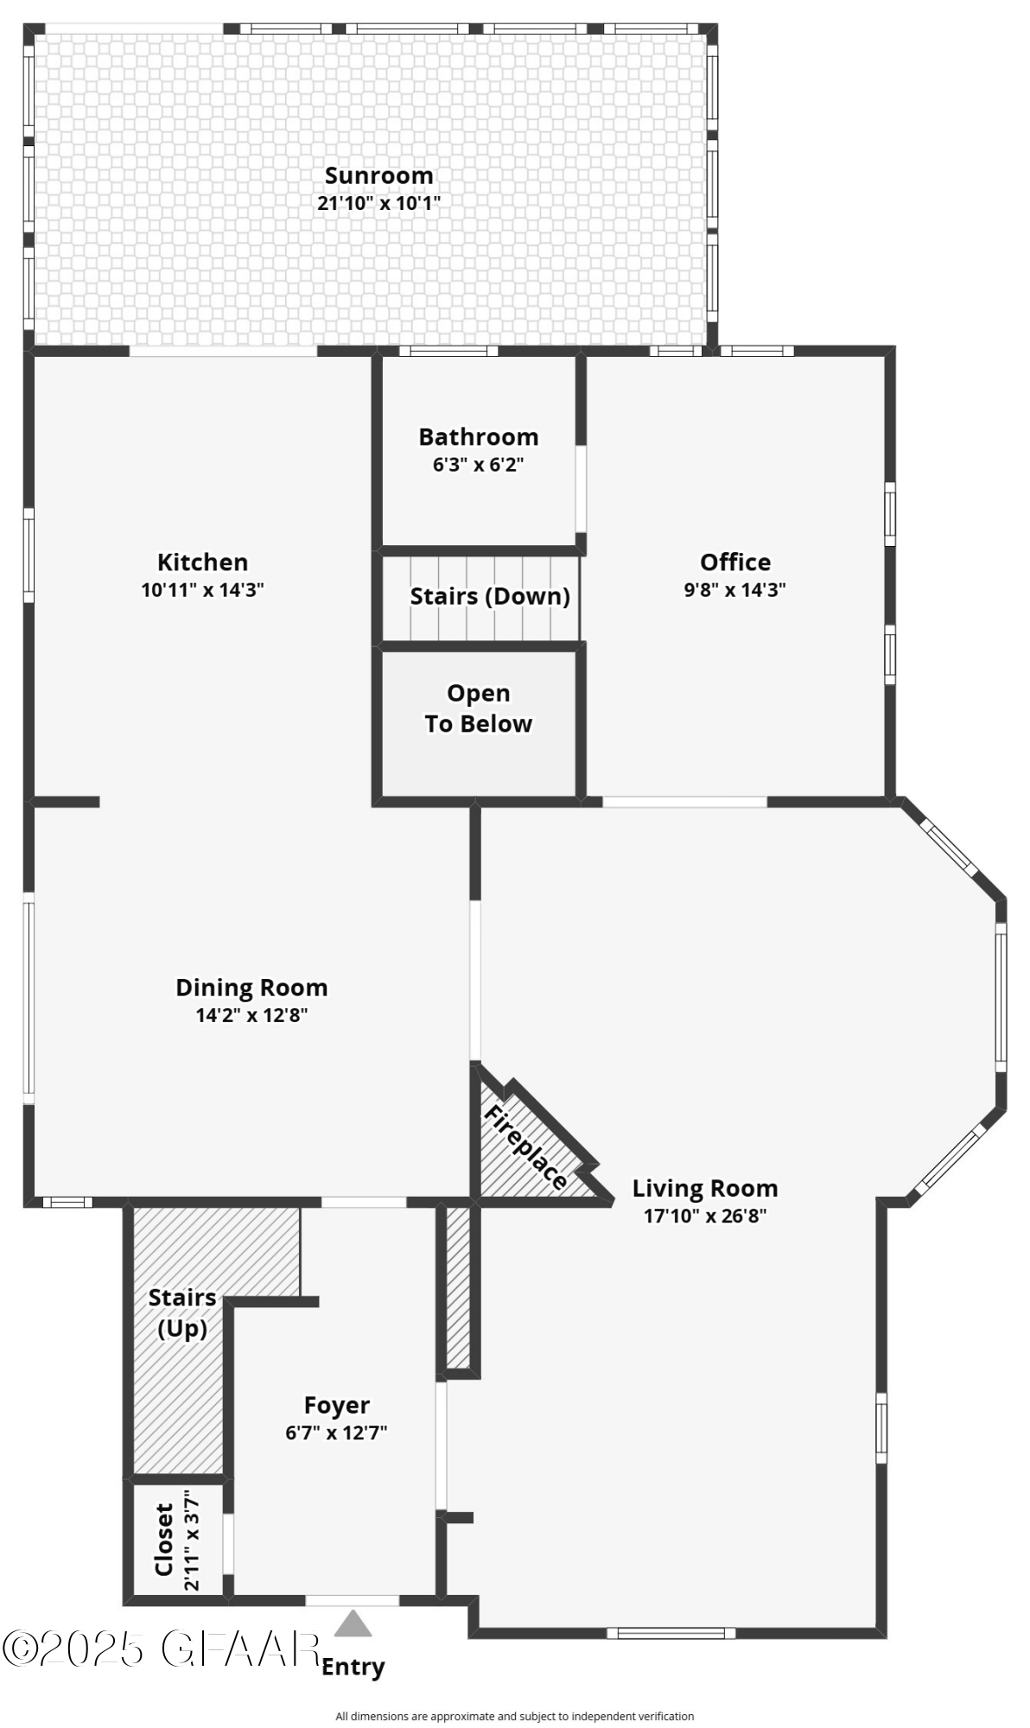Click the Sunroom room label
tap(378, 175)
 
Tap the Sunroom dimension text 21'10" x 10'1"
tap(378, 204)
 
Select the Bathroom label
tap(478, 436)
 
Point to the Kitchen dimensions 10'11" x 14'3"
tap(202, 590)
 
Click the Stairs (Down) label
tap(489, 596)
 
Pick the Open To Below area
tap(478, 709)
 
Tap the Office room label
tap(734, 562)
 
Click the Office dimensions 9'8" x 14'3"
tap(734, 590)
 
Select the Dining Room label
tap(251, 988)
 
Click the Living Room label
tap(704, 1188)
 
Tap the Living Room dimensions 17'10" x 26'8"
tap(704, 1216)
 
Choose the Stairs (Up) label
tap(181, 1312)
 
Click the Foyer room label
tap(336, 1405)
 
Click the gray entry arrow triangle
tap(353, 1624)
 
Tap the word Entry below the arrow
tap(353, 1667)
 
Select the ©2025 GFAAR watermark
tap(161, 1649)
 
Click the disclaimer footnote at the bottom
tap(514, 1716)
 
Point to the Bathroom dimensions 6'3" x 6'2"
tap(478, 465)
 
